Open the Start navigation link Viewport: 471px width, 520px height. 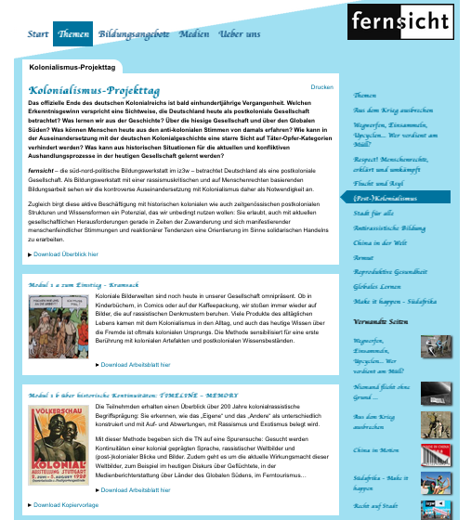[38, 33]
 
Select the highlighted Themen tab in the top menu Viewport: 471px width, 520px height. [73, 33]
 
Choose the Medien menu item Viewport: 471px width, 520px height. [194, 33]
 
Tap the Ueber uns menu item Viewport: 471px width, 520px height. [240, 33]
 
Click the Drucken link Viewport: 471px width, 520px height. [321, 86]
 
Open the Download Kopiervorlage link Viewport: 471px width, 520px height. [66, 505]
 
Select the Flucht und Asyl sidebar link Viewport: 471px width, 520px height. [378, 184]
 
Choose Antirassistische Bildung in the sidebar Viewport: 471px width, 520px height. [389, 227]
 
